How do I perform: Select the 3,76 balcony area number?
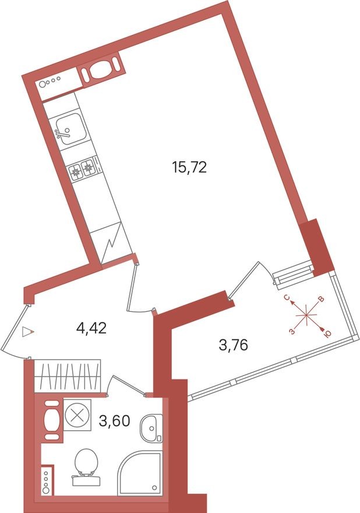233,345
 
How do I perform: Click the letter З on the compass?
291,331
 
